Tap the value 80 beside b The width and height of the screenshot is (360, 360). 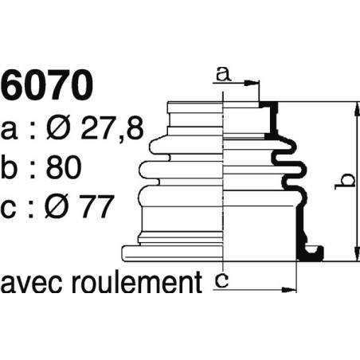[x=80, y=168]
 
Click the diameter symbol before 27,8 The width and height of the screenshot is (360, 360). [x=66, y=128]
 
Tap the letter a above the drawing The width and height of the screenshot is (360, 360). [x=223, y=75]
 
